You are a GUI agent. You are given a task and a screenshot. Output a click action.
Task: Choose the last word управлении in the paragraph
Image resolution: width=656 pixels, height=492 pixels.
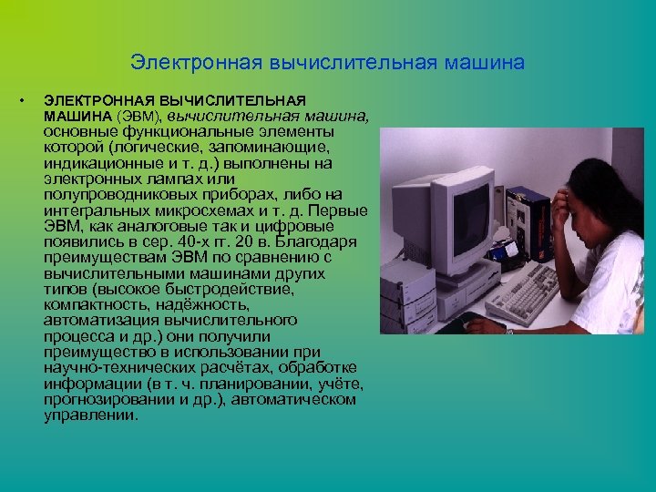pyautogui.click(x=90, y=415)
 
